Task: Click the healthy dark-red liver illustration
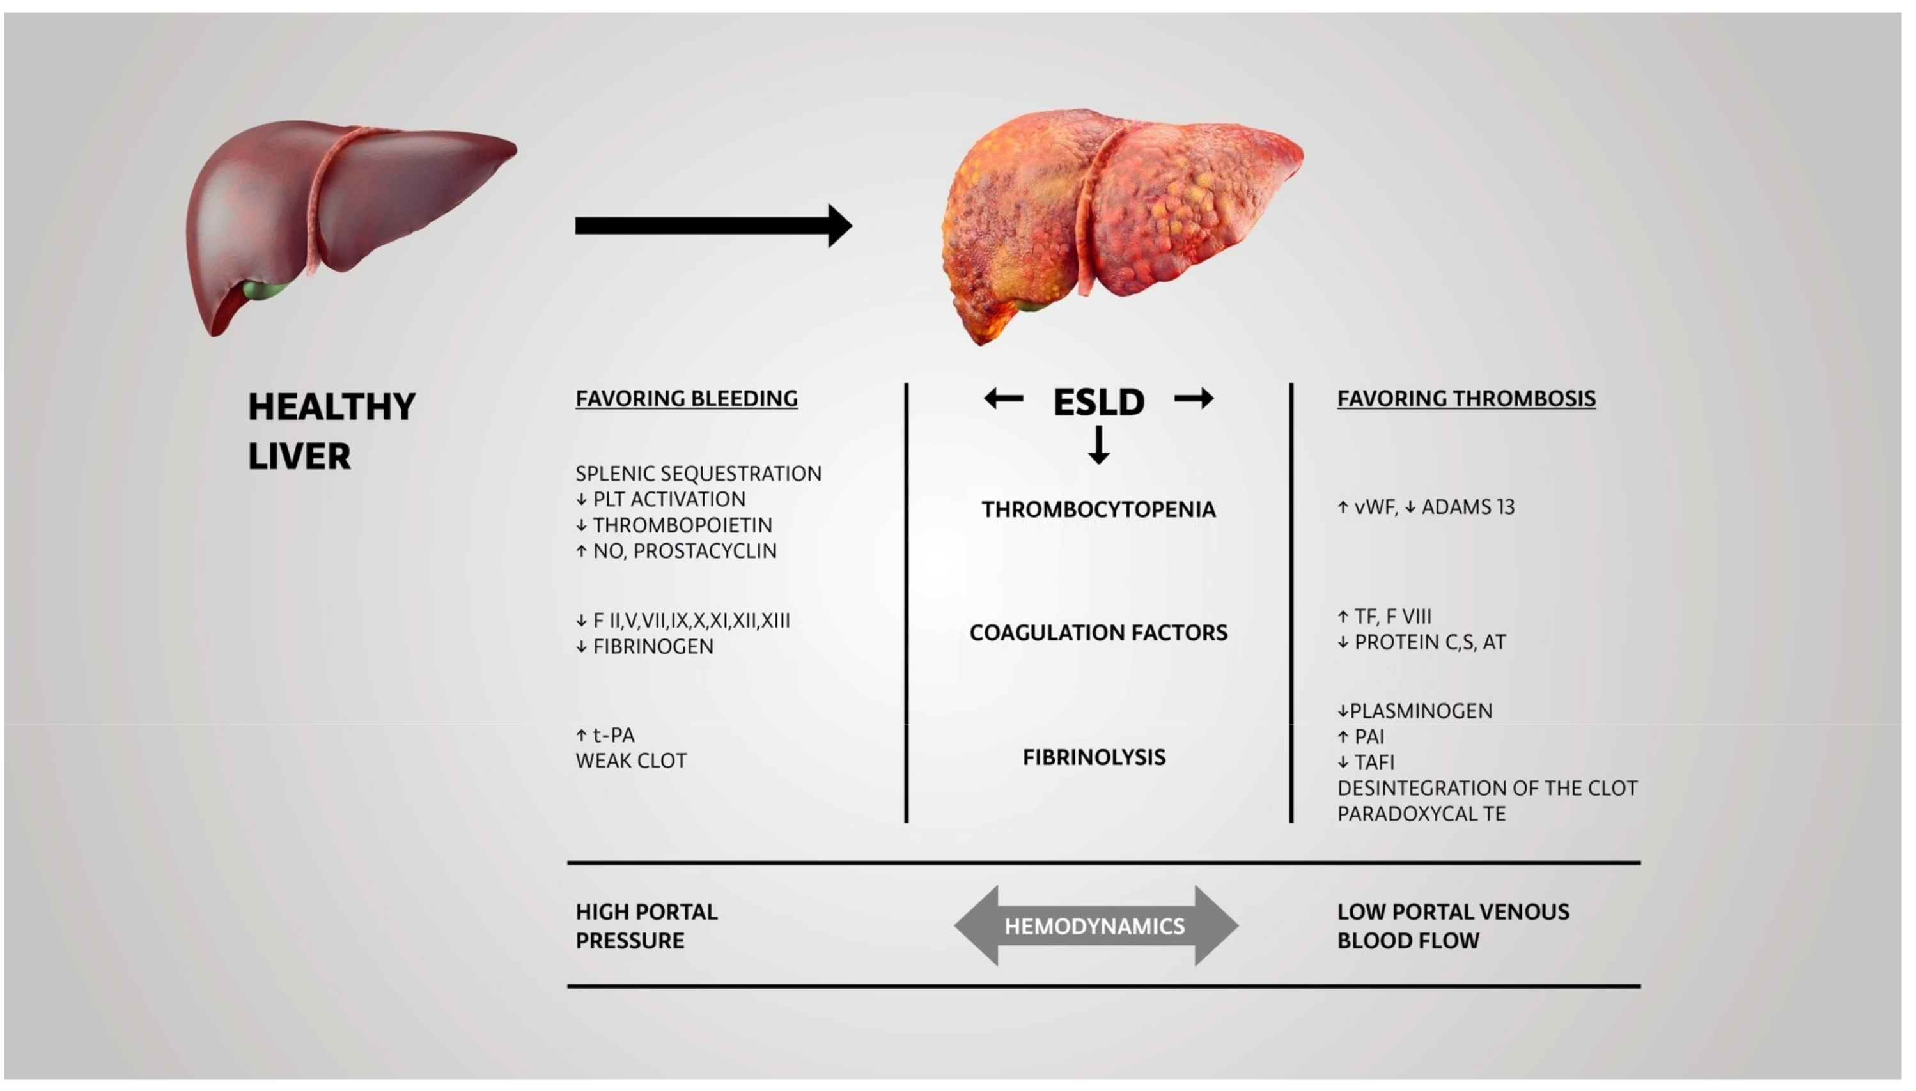[337, 217]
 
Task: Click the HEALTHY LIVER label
[331, 431]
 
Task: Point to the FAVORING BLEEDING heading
[687, 399]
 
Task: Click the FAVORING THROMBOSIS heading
[1467, 399]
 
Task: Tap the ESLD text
[1098, 403]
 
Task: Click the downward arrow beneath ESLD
[1098, 445]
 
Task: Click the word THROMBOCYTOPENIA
[1098, 509]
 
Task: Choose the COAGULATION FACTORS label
[1098, 632]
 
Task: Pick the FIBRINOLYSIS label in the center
[1094, 757]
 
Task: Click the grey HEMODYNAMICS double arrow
[1096, 926]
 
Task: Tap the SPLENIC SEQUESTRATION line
[698, 474]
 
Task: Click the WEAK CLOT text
[631, 761]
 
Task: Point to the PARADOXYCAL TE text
[1421, 814]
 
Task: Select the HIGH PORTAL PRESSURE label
[646, 926]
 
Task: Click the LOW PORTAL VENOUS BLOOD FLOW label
[1453, 926]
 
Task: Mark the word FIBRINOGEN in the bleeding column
[653, 646]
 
